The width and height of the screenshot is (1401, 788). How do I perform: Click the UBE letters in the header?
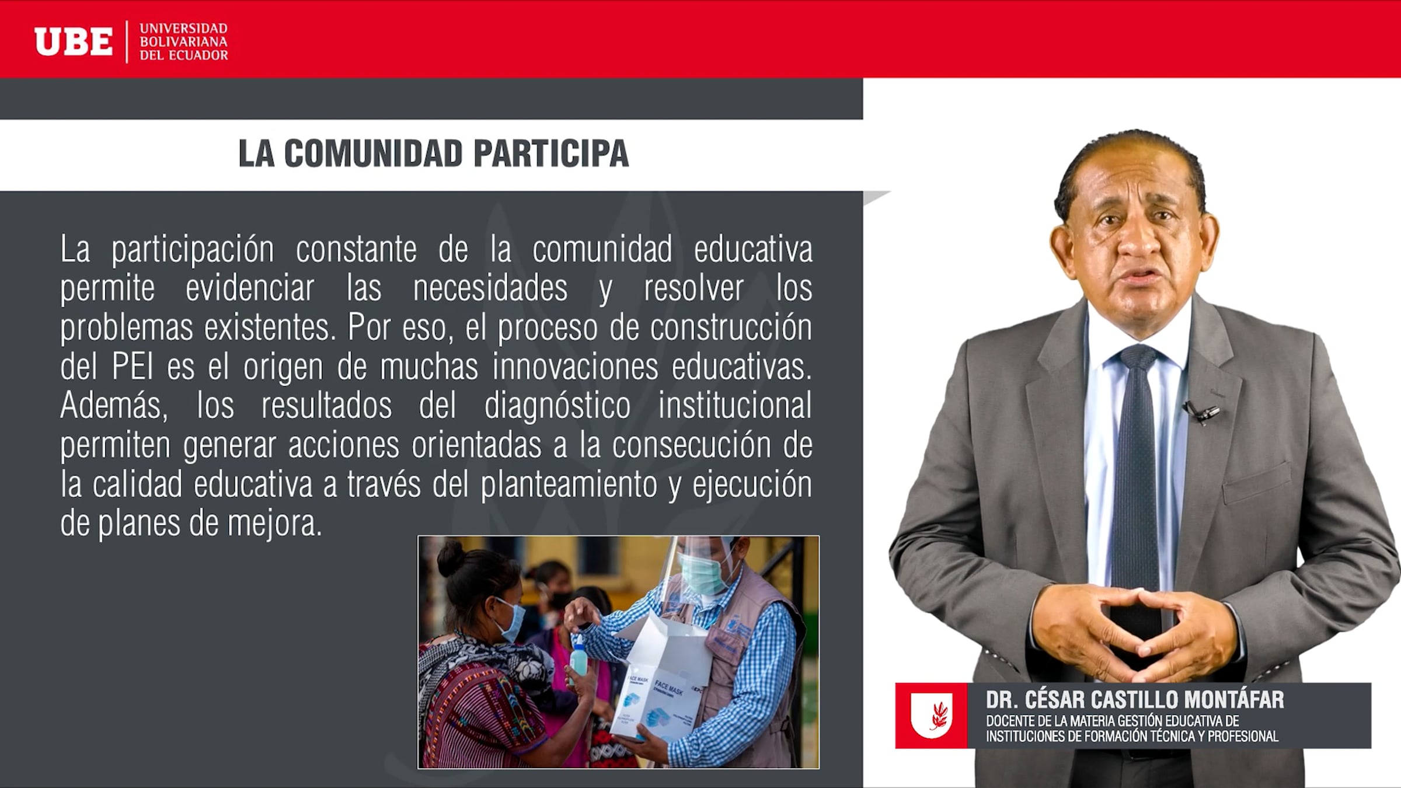tap(74, 42)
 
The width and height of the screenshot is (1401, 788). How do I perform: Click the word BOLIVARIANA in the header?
tap(183, 42)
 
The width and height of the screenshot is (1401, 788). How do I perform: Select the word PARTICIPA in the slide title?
tap(551, 154)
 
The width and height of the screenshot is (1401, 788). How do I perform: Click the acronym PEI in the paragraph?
tap(133, 367)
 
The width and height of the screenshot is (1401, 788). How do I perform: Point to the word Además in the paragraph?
tap(114, 406)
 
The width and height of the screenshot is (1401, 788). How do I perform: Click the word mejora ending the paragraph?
tap(274, 524)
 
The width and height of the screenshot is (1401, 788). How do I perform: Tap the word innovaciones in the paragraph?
tap(575, 367)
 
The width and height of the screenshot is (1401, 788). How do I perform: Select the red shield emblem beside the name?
tap(931, 716)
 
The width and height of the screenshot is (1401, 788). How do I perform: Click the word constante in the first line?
tap(356, 250)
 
